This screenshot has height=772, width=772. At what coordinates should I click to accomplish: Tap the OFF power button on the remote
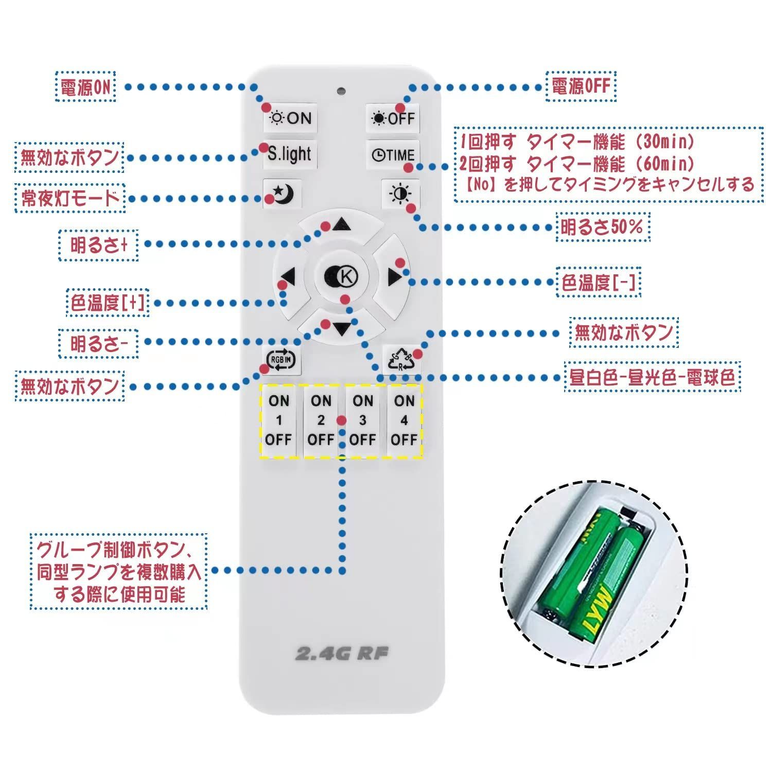point(393,118)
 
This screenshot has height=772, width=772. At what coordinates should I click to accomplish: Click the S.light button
point(290,153)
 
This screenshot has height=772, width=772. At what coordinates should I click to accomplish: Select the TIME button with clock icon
point(393,155)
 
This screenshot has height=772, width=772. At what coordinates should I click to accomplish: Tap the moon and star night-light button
point(282,194)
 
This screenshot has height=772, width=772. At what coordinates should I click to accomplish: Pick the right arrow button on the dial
point(394,278)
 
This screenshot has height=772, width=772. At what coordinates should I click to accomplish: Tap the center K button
point(341,277)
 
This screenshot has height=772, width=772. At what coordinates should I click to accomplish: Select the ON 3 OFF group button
point(362,420)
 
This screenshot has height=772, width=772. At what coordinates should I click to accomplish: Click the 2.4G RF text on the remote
point(342,654)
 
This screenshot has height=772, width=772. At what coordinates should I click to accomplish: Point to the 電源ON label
point(85,87)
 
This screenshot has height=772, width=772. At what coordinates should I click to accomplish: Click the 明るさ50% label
point(603,227)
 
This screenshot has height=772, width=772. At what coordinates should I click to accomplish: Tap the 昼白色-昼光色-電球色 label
point(652,377)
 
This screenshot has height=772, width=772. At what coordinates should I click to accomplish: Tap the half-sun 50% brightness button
point(400,194)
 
